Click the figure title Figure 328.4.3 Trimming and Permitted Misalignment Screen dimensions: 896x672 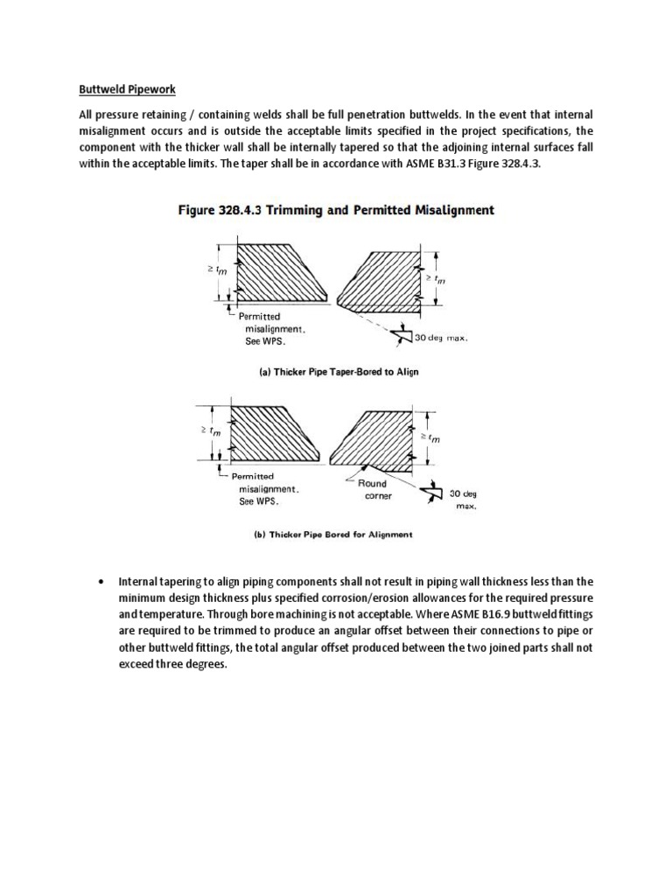(x=336, y=210)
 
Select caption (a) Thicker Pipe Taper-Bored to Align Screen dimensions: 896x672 (x=338, y=371)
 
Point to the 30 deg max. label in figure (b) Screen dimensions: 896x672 (x=463, y=500)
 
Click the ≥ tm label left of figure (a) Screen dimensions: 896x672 (x=206, y=273)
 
